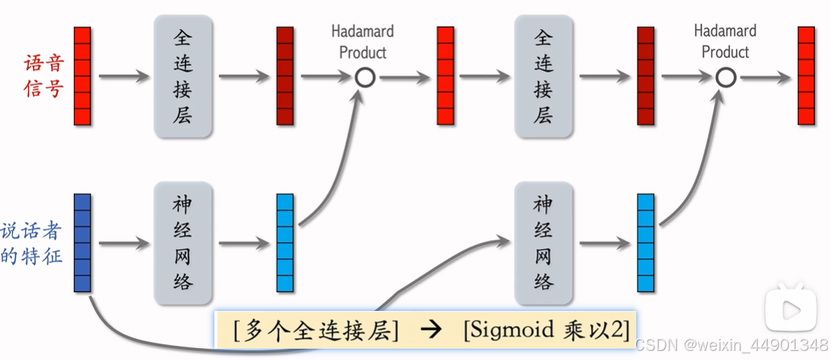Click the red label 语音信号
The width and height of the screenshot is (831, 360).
tap(43, 76)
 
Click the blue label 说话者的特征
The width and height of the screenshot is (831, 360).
tap(32, 243)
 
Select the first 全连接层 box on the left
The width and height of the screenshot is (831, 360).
tap(183, 76)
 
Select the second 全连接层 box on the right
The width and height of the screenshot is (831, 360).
tap(543, 76)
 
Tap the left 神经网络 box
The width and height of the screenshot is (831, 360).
tap(183, 242)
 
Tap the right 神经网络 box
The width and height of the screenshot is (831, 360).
tap(543, 242)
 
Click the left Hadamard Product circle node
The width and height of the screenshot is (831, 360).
tap(365, 77)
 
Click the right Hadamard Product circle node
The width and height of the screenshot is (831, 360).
tap(725, 77)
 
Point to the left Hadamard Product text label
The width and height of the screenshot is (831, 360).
tap(363, 42)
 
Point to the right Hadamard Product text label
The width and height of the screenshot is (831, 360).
tap(725, 42)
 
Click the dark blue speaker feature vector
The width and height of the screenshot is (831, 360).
tap(82, 242)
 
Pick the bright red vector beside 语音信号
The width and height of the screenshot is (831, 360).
tap(82, 76)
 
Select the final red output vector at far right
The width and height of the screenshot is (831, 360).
tap(806, 76)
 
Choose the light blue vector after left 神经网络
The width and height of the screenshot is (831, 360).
tap(285, 242)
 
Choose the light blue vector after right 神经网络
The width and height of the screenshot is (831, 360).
tap(645, 242)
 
